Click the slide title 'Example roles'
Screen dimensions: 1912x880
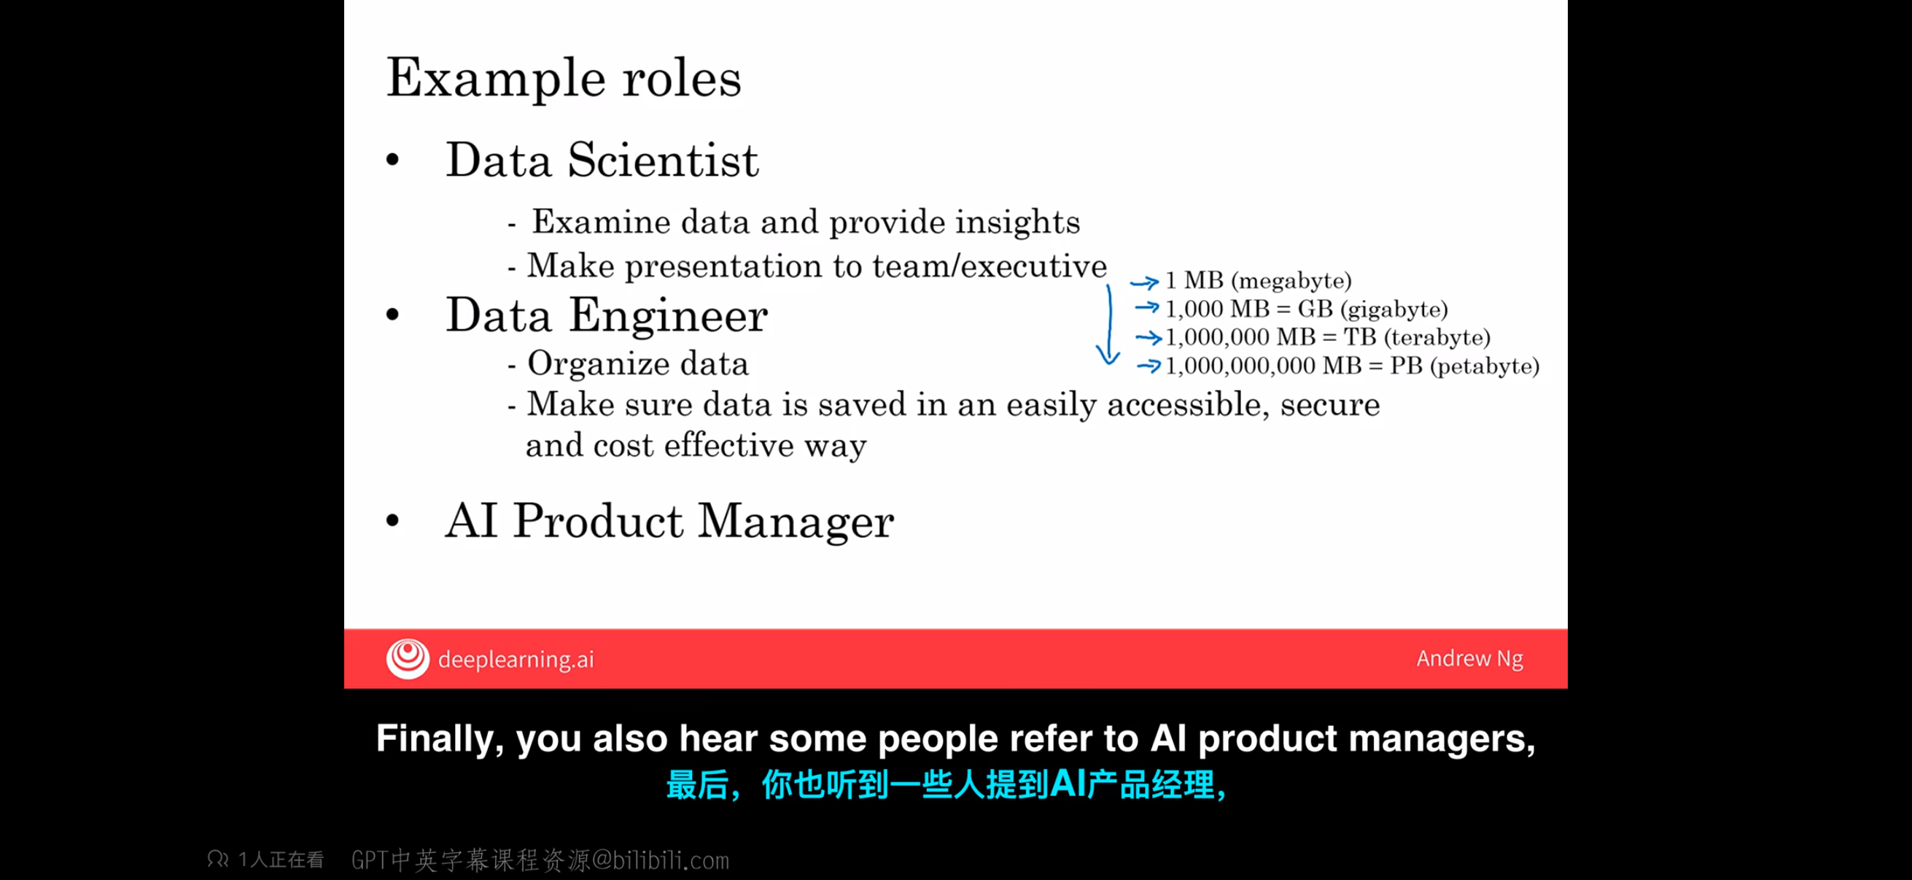(564, 78)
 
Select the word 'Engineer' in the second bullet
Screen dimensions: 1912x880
(668, 316)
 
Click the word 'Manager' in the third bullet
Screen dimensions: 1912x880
(796, 521)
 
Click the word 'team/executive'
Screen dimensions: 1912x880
(989, 265)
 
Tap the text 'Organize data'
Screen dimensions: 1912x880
(637, 364)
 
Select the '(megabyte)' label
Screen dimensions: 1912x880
(1291, 281)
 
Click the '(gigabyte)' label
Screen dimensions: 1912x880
(1394, 309)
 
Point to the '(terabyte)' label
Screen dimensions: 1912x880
(1437, 337)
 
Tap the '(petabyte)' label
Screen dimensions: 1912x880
(1485, 366)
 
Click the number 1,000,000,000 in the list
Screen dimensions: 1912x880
(1240, 366)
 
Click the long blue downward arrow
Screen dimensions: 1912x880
(1109, 325)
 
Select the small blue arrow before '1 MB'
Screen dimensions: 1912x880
(1144, 282)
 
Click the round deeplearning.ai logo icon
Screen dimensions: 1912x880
(408, 659)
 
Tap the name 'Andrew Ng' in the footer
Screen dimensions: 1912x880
(1469, 659)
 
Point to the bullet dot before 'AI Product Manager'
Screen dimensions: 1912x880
(392, 521)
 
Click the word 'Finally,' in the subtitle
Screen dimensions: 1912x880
(435, 740)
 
